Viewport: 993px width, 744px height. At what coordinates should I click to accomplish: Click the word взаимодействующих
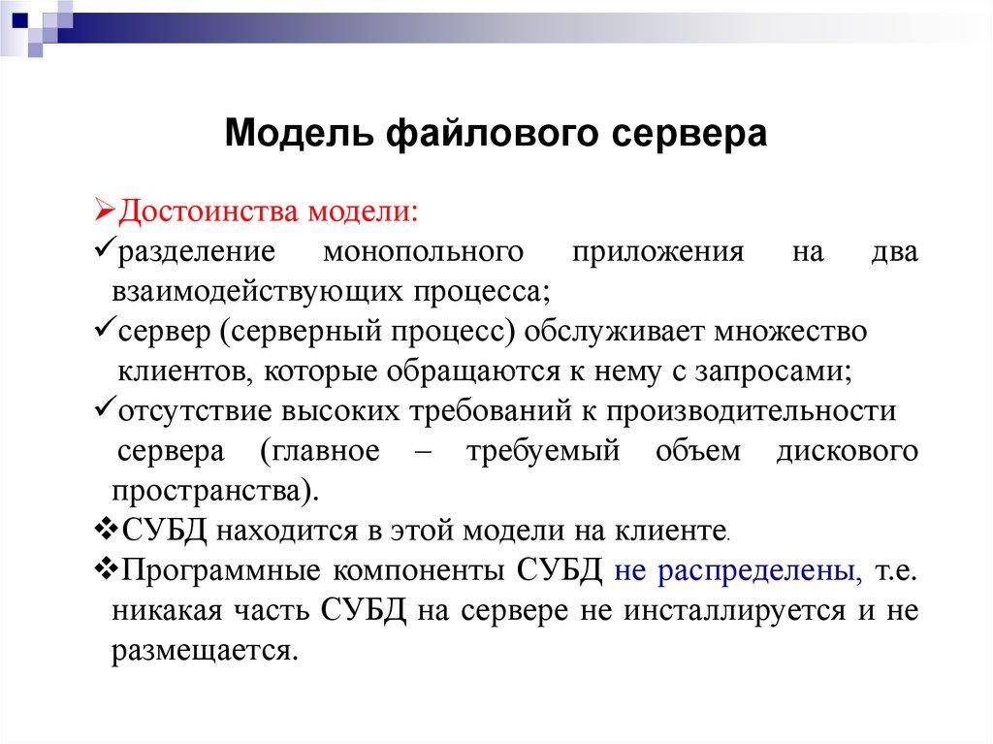(x=261, y=290)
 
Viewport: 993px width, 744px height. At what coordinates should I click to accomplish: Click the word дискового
(x=847, y=452)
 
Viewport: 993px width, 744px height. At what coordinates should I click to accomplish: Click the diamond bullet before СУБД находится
(x=108, y=530)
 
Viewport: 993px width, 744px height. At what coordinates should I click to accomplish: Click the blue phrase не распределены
(x=739, y=570)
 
